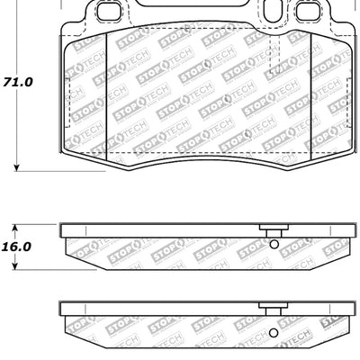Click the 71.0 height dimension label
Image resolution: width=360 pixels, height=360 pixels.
click(x=18, y=81)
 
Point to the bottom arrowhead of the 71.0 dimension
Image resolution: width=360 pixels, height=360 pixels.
click(x=17, y=166)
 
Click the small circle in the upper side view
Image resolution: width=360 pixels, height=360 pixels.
click(x=273, y=244)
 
